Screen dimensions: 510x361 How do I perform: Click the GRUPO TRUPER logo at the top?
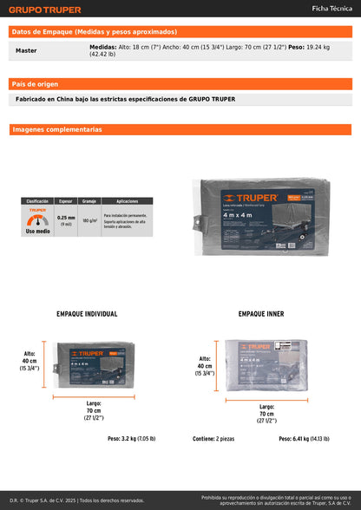click(x=44, y=10)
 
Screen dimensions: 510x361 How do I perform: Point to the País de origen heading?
click(x=36, y=84)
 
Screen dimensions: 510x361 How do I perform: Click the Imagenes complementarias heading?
click(x=58, y=129)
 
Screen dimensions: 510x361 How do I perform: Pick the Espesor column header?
click(x=66, y=200)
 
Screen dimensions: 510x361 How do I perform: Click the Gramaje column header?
click(x=89, y=200)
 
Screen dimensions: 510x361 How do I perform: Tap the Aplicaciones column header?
click(x=127, y=200)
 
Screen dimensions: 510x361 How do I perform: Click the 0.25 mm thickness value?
click(x=66, y=219)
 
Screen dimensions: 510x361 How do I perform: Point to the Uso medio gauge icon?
click(x=36, y=220)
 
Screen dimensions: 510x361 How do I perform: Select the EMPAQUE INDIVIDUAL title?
click(x=87, y=314)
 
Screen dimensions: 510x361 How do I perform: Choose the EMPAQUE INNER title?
click(x=261, y=314)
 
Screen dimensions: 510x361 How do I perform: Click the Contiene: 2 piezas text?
click(x=213, y=439)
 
